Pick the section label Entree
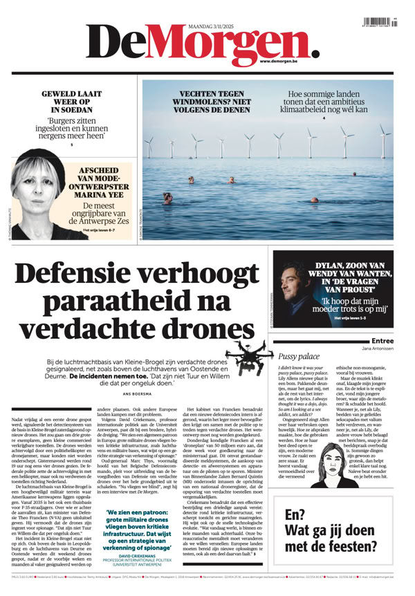click(x=382, y=341)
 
